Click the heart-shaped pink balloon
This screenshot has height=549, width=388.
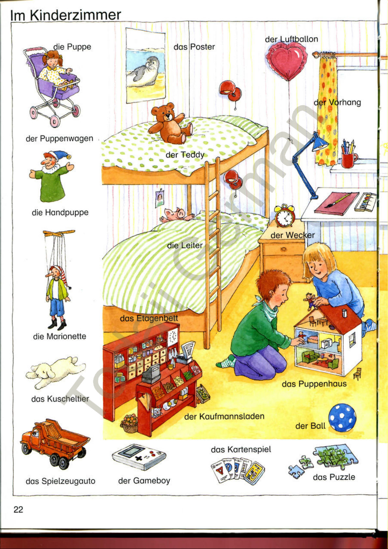pos(287,61)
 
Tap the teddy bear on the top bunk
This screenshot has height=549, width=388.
pos(169,123)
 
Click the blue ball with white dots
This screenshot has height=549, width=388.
pos(342,418)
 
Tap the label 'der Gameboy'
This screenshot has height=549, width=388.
pos(144,481)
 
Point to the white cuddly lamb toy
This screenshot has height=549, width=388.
pos(56,372)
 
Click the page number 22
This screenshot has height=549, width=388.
pos(18,510)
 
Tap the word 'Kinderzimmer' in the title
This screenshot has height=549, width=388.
pos(76,15)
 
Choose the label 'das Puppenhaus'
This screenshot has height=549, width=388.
pos(314,384)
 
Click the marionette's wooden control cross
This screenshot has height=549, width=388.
pos(59,233)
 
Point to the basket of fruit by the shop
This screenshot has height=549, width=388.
pos(129,423)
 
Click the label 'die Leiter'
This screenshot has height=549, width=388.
pos(185,245)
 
